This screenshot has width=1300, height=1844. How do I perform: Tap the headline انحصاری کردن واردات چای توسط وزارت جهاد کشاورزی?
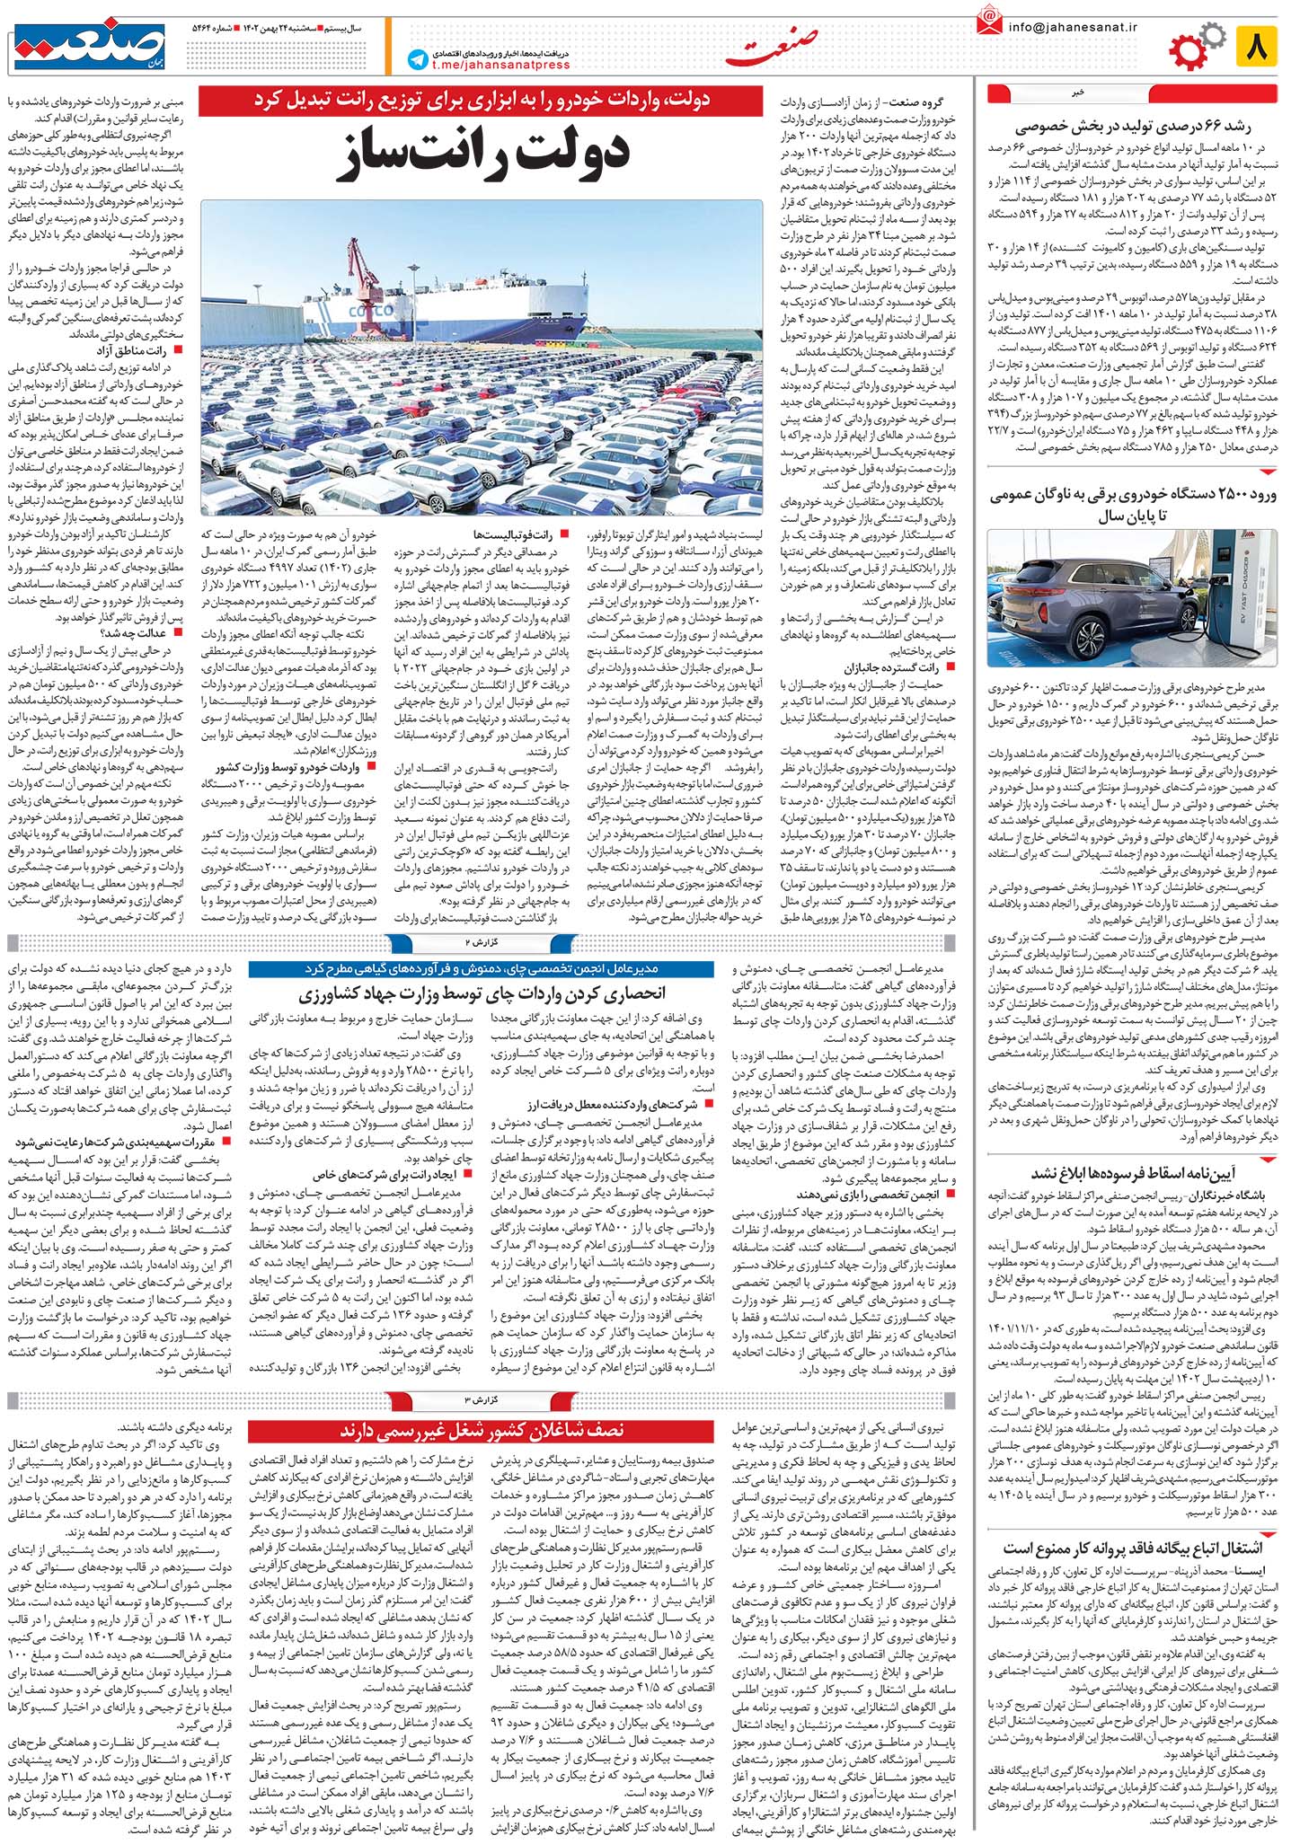pyautogui.click(x=481, y=993)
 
